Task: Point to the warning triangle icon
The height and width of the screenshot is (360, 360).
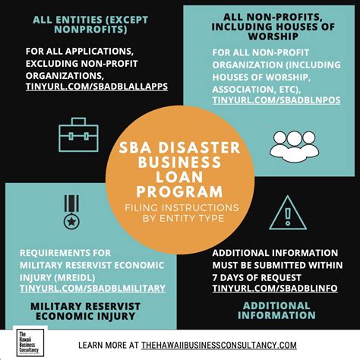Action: pos(286,213)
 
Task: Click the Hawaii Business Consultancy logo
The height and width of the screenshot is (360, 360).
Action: pos(30,343)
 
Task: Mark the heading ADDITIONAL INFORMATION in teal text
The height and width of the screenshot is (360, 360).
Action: pos(276,310)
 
